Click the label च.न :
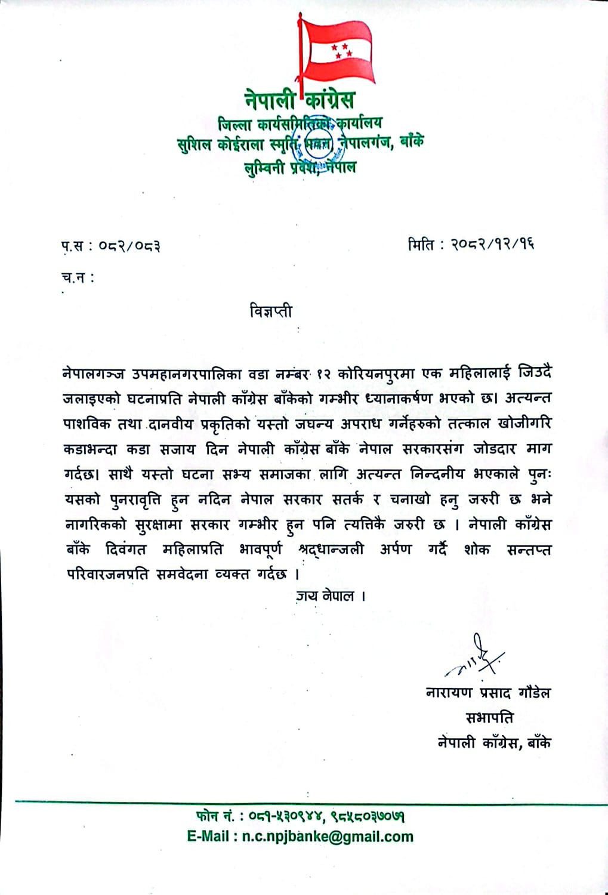click(78, 277)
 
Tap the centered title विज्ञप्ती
click(271, 311)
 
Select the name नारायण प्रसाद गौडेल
click(488, 693)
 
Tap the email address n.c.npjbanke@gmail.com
click(328, 837)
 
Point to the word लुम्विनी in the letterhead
click(263, 168)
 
